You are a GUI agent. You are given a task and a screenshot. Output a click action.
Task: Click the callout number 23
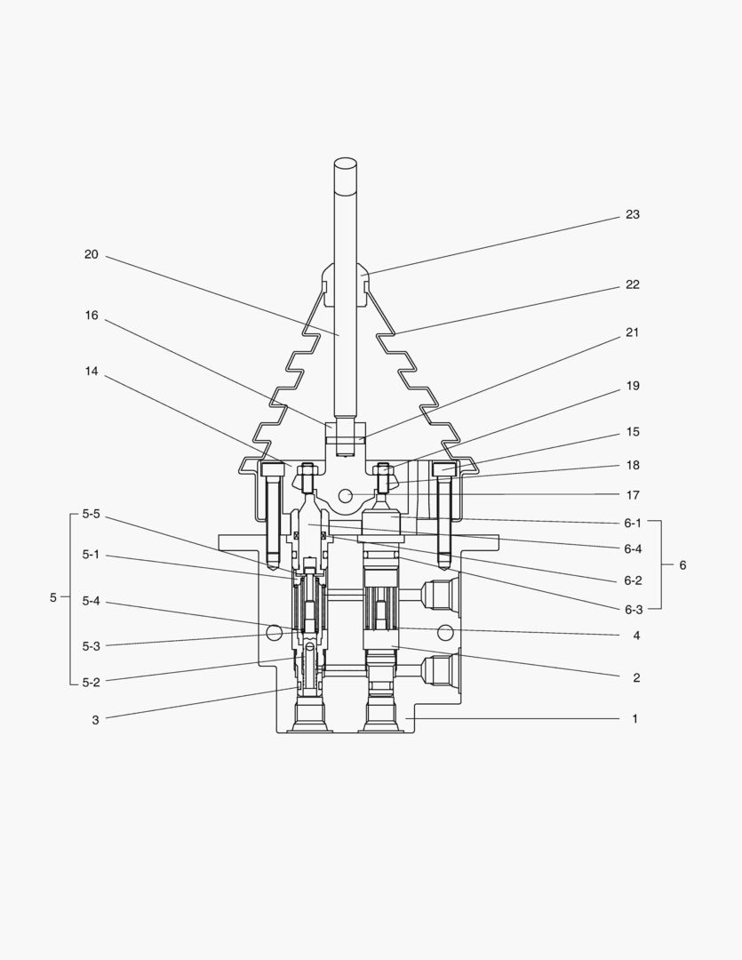[633, 214]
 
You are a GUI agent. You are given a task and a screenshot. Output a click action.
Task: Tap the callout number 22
[633, 284]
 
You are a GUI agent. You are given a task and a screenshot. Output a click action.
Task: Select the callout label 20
[92, 254]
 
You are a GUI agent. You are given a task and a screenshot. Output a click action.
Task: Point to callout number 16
[92, 316]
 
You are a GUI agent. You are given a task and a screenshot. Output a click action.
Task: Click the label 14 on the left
[92, 372]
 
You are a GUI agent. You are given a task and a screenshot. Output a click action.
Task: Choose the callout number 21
[633, 332]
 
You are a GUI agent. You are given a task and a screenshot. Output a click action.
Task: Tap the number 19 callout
[633, 386]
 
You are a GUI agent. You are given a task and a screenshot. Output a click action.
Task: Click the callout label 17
[633, 495]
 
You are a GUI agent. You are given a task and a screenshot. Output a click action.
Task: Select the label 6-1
[633, 523]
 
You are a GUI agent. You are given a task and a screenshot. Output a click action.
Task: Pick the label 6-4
[633, 549]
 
